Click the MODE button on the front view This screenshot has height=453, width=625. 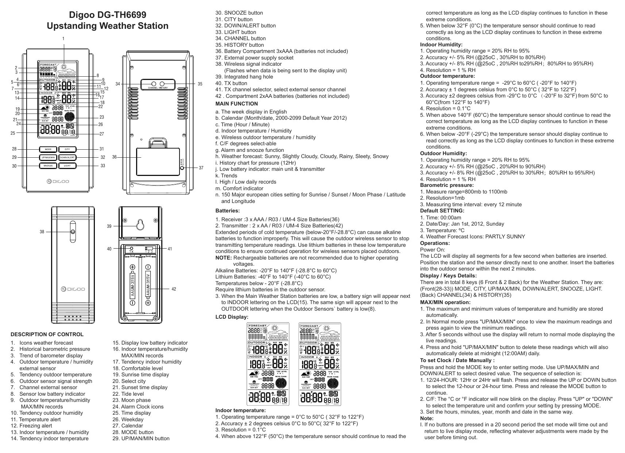point(48,149)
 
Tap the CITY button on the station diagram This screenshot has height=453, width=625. point(67,149)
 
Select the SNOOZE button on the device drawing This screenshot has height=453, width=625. point(48,166)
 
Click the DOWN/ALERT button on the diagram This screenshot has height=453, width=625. point(67,158)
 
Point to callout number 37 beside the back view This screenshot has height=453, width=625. point(201,168)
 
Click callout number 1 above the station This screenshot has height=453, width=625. point(63,38)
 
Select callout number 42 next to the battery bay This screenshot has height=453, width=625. point(174,289)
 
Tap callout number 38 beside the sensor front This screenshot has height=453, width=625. point(42,232)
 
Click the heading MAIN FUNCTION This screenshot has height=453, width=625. point(236,104)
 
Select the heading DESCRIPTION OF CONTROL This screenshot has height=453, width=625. point(47,334)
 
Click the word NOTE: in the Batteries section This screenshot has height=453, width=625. point(224,258)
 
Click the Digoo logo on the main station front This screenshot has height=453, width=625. point(58,181)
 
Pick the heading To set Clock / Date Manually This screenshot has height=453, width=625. point(457,360)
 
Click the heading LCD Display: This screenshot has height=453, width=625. point(232,317)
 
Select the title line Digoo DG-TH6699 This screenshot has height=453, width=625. point(108,15)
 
